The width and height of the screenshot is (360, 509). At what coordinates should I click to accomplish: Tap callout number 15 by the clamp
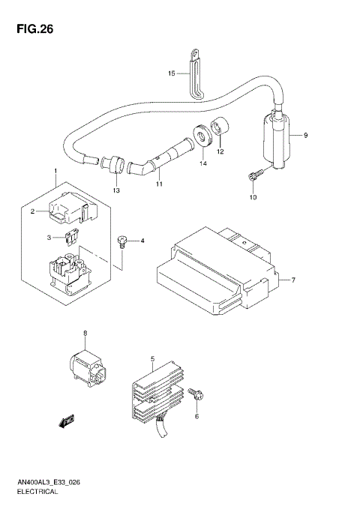[172, 73]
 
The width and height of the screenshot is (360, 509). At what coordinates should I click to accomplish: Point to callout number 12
[220, 151]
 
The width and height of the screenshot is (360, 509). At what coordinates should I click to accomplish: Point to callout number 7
[293, 280]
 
